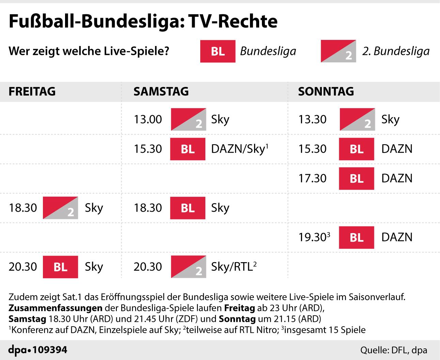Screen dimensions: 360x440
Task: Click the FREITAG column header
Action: [x=32, y=91]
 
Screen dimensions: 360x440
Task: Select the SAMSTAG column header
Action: [x=161, y=91]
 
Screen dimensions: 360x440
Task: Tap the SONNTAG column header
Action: [x=326, y=91]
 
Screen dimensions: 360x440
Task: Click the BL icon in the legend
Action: [x=218, y=51]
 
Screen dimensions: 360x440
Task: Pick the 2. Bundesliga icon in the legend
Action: [x=338, y=51]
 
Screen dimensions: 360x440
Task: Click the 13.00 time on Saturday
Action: [x=147, y=119]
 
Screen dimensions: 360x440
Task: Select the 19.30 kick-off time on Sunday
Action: [x=312, y=237]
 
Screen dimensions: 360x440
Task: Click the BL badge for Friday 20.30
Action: [x=60, y=267]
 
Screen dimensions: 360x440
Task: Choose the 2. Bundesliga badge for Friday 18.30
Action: [x=60, y=208]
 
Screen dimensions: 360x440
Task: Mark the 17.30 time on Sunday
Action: [x=312, y=178]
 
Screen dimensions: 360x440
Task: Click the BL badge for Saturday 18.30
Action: [x=188, y=208]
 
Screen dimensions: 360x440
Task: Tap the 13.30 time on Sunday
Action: [x=312, y=119]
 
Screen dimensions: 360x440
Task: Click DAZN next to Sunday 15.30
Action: [x=397, y=149]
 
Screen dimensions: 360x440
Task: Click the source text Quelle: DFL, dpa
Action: [x=394, y=350]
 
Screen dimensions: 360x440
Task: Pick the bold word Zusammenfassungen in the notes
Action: [x=55, y=308]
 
